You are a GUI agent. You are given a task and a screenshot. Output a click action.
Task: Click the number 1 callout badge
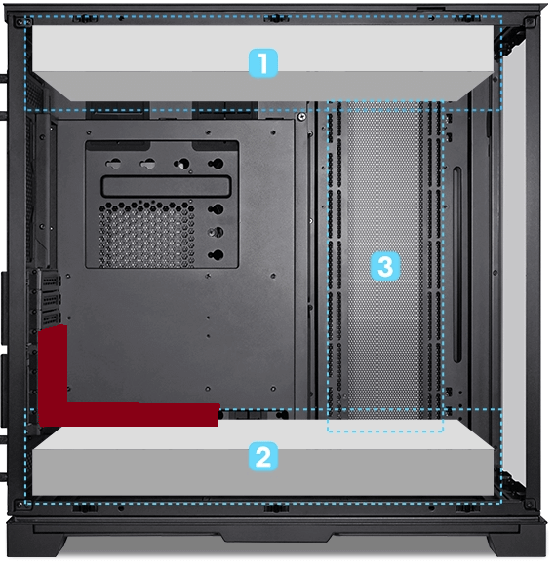pyautogui.click(x=263, y=64)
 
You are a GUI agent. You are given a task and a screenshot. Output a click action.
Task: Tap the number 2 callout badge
pyautogui.click(x=263, y=456)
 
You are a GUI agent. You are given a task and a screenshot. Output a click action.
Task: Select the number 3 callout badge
pyautogui.click(x=384, y=266)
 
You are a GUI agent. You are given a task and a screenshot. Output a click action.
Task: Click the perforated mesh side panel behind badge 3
pyautogui.click(x=384, y=195)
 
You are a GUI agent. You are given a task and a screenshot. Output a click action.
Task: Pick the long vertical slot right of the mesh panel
pyautogui.click(x=456, y=263)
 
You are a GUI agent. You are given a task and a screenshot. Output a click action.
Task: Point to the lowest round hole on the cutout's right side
pyautogui.click(x=216, y=255)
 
